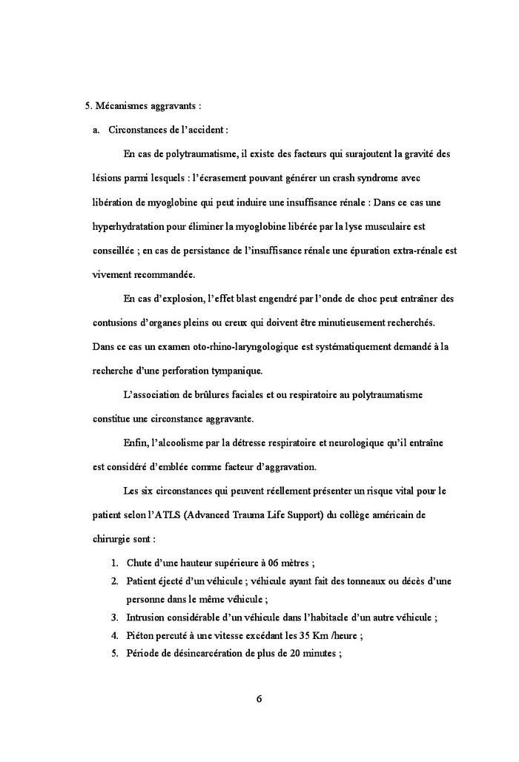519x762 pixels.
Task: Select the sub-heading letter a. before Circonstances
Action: [x=96, y=130]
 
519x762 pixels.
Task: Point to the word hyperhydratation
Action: [x=130, y=226]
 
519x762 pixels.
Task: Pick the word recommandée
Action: [x=162, y=274]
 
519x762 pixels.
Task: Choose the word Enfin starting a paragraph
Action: [x=135, y=443]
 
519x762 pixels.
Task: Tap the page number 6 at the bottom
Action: [x=259, y=699]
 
